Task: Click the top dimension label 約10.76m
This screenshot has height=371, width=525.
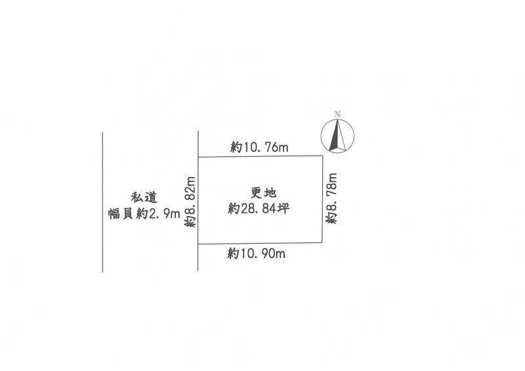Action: [x=259, y=147]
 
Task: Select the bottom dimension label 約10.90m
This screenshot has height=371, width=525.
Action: [x=257, y=253]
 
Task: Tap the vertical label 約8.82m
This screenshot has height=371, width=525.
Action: [x=190, y=202]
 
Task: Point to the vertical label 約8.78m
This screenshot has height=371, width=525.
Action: [x=332, y=198]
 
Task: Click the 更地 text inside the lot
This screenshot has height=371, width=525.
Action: [x=263, y=193]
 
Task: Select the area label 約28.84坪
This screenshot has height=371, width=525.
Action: [x=259, y=209]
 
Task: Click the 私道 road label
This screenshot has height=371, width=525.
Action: [x=144, y=198]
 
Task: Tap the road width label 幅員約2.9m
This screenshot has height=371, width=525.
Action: [x=144, y=213]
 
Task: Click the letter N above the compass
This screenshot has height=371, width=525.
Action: [x=337, y=114]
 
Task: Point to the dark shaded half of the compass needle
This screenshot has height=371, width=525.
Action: [x=334, y=137]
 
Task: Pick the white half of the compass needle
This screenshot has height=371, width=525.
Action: [x=341, y=136]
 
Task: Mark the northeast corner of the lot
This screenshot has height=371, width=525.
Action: [x=322, y=156]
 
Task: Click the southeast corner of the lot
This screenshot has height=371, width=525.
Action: [x=322, y=243]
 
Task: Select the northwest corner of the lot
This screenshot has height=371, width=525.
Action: [x=199, y=156]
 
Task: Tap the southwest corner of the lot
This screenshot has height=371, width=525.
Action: [x=198, y=244]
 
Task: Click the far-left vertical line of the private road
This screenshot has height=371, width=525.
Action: [x=102, y=202]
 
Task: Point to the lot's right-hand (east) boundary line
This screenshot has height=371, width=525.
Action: [x=322, y=199]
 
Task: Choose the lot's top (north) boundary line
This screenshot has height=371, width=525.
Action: [x=260, y=156]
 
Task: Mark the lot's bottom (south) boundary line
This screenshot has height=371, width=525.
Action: [x=260, y=244]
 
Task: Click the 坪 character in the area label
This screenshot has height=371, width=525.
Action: [x=283, y=209]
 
